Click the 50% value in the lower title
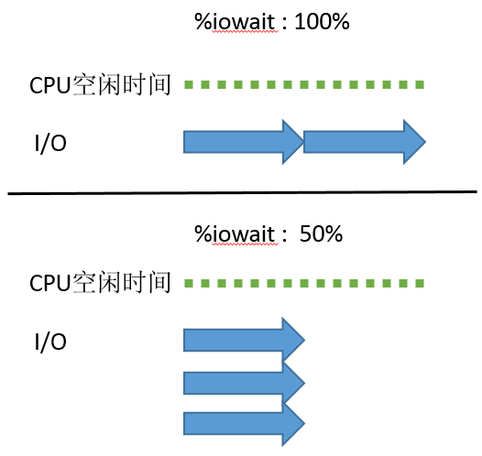point(321,233)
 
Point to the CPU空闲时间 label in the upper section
point(101,86)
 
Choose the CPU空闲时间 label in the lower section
point(101,283)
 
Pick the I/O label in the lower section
point(50,342)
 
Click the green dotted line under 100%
point(304,85)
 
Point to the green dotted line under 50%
point(304,282)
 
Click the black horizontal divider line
point(242,192)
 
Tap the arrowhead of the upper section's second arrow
point(411,141)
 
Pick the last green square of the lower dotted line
point(420,282)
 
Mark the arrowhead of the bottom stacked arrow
point(293,422)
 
